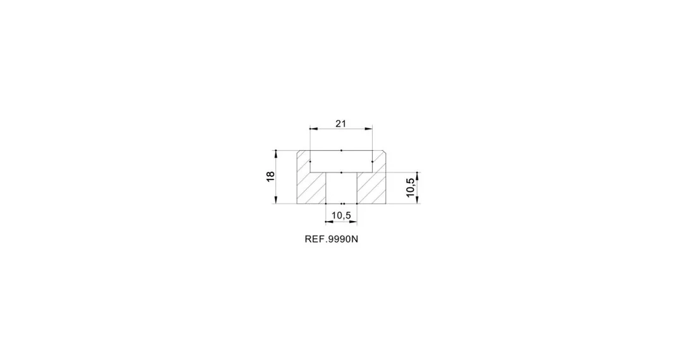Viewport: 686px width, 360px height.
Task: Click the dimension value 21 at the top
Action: pyautogui.click(x=341, y=124)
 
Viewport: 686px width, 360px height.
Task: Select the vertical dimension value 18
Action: pyautogui.click(x=270, y=176)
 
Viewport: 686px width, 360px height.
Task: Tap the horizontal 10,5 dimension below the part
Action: pyautogui.click(x=341, y=215)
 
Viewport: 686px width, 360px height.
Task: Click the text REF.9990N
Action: pyautogui.click(x=331, y=239)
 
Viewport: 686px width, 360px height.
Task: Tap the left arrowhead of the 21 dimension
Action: pyautogui.click(x=313, y=129)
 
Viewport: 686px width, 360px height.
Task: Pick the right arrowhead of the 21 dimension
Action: pyautogui.click(x=369, y=129)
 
